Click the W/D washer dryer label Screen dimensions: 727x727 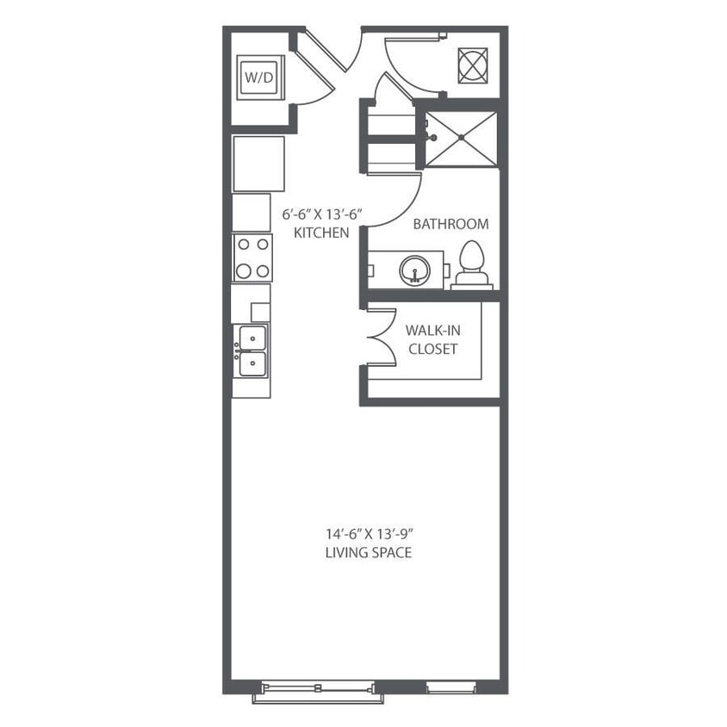[259, 78]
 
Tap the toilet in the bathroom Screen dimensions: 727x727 [472, 264]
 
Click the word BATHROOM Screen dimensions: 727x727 [450, 224]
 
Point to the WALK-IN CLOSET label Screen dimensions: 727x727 [431, 339]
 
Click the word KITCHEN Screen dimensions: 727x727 [321, 233]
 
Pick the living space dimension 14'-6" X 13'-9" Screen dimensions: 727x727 [368, 534]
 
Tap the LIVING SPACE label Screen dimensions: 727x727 [368, 552]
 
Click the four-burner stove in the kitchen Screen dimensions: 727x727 [252, 258]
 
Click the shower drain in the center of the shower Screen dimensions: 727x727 [462, 138]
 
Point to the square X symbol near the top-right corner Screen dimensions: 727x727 [473, 65]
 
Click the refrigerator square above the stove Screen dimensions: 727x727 [258, 164]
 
